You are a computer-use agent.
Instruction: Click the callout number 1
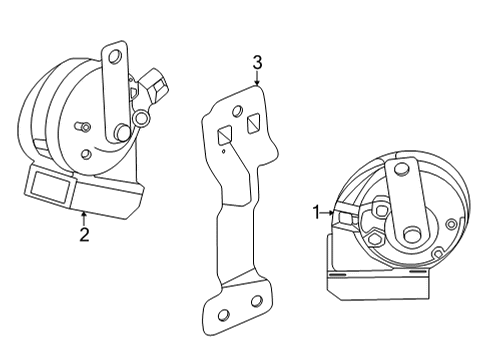click(317, 212)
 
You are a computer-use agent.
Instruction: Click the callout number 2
click(84, 236)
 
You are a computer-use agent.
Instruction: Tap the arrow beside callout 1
click(330, 212)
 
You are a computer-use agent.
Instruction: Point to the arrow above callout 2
click(84, 217)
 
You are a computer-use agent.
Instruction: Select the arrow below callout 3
click(257, 81)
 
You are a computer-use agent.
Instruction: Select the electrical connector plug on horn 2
click(157, 84)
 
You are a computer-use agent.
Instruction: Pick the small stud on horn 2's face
click(88, 127)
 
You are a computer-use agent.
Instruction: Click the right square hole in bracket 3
click(254, 123)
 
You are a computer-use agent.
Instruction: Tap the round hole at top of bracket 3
click(238, 111)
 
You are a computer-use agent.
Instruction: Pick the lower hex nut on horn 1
click(373, 240)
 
